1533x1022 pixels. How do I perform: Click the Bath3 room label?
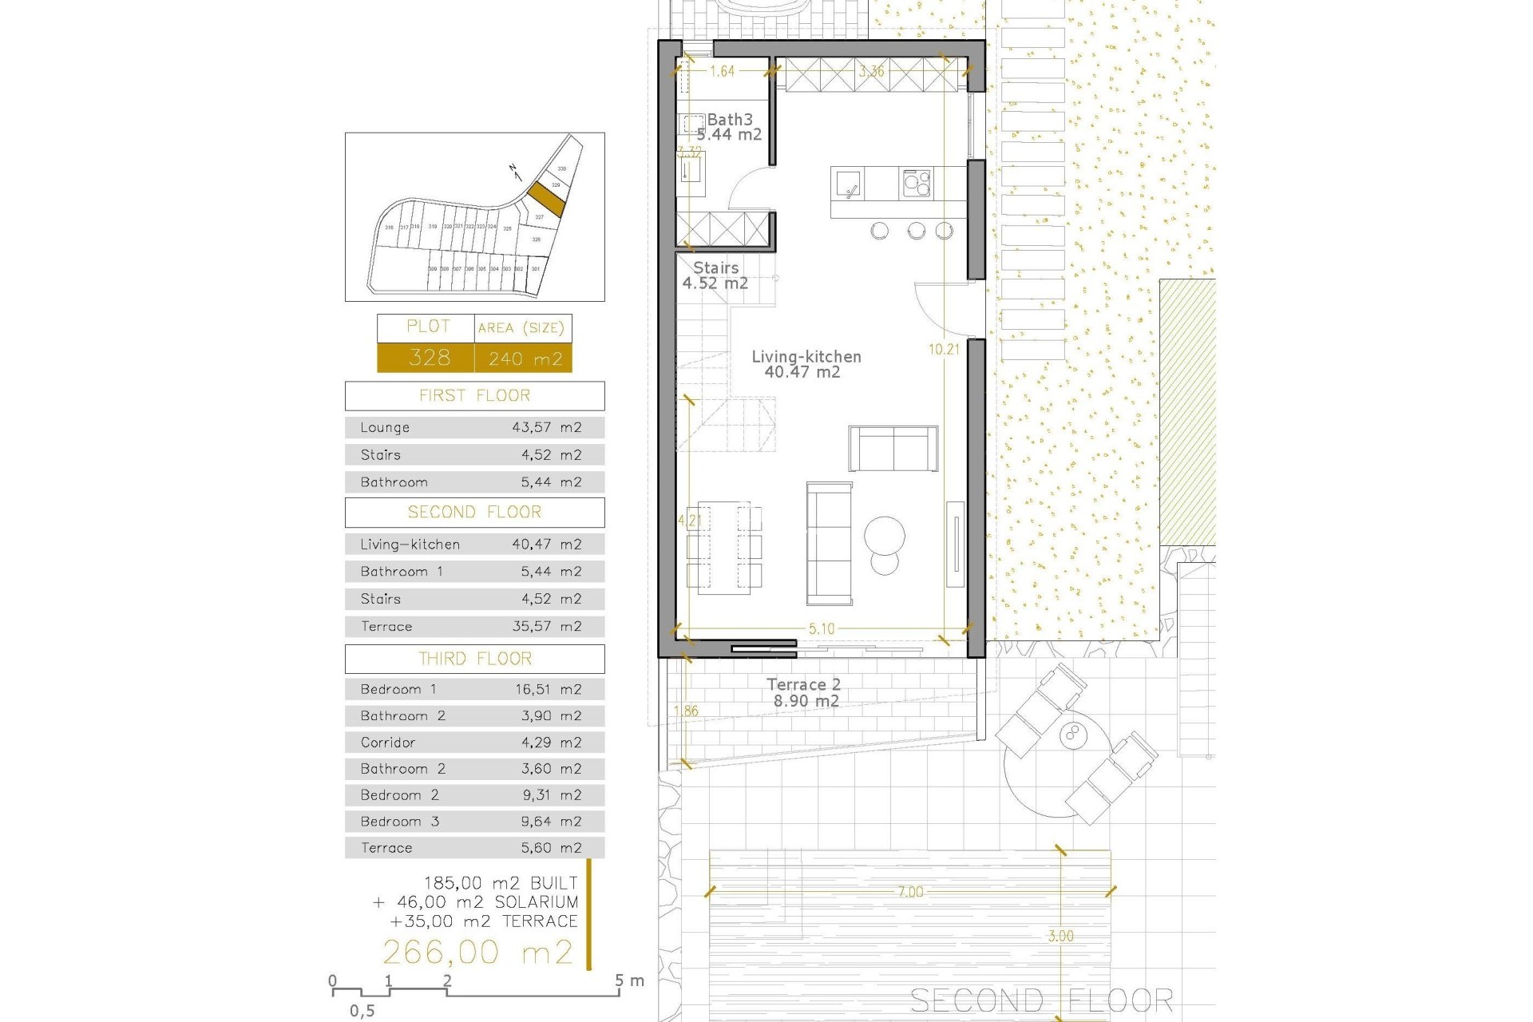tap(730, 120)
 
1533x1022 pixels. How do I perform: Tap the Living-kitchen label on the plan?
tap(806, 357)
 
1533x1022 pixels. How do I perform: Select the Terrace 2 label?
tap(803, 685)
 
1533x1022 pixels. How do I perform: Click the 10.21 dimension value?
tap(944, 349)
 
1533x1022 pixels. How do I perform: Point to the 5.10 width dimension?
tap(822, 629)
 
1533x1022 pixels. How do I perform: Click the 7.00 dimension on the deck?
tap(910, 892)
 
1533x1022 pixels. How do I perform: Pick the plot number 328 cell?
tap(429, 358)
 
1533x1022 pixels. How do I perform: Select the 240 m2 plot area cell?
tap(525, 358)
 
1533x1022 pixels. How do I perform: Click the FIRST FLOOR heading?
tap(474, 396)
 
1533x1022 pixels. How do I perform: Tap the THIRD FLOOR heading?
tap(474, 659)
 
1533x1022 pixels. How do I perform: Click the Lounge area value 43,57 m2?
tap(546, 428)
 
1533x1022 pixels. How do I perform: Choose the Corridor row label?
tap(388, 743)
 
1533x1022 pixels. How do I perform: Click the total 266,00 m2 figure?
tap(477, 953)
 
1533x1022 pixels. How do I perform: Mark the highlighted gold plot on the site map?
tap(547, 198)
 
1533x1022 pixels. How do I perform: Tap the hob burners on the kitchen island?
tap(916, 184)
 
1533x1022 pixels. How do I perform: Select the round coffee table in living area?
tap(885, 534)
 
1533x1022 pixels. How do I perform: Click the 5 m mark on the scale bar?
tap(620, 982)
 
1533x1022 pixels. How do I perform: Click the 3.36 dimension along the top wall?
tap(871, 72)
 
